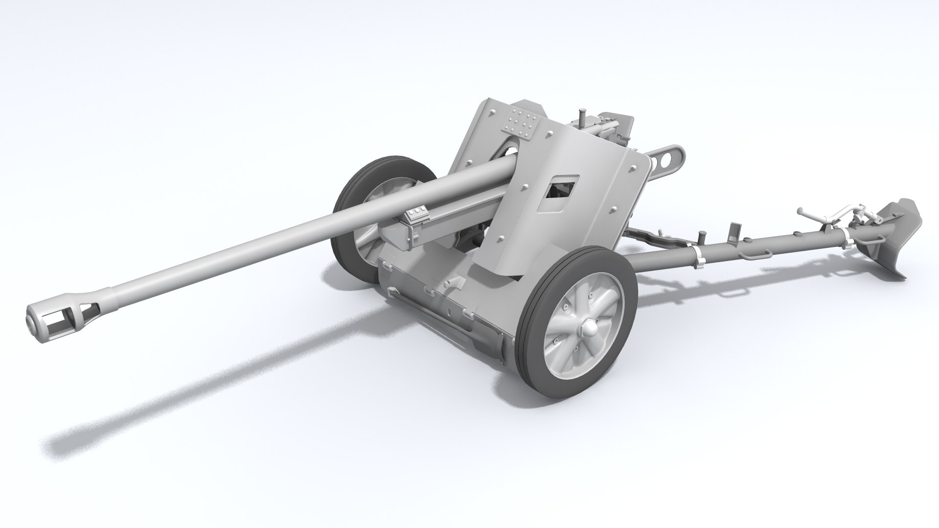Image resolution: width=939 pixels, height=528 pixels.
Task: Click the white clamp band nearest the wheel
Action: pyautogui.click(x=696, y=256)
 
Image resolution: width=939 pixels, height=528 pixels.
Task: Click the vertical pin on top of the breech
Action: pyautogui.click(x=581, y=117)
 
